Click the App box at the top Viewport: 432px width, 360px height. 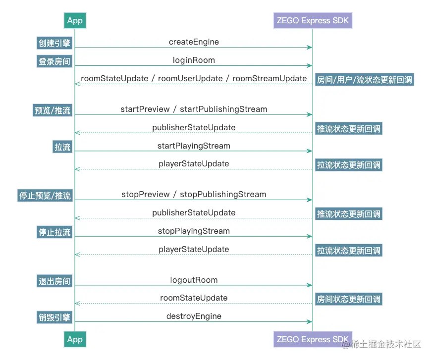point(75,20)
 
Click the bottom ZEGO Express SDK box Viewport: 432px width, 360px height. point(313,339)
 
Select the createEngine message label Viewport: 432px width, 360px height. point(194,42)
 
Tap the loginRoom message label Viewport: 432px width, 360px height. point(194,60)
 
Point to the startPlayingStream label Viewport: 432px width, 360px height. point(194,146)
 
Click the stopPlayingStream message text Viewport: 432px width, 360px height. point(194,231)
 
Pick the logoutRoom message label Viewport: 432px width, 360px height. point(194,280)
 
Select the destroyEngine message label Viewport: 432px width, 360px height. point(194,316)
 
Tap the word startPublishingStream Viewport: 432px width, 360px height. point(223,109)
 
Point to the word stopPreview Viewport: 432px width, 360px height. point(146,195)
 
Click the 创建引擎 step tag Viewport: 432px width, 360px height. point(54,43)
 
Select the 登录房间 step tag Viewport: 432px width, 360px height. point(54,61)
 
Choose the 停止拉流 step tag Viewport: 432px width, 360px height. point(54,232)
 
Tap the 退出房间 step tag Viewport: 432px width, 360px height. point(54,281)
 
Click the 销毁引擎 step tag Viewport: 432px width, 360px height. point(54,317)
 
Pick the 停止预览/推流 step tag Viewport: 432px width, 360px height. point(45,196)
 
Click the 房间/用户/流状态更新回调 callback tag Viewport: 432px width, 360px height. point(364,80)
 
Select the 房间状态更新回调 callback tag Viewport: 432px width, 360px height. point(349,299)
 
